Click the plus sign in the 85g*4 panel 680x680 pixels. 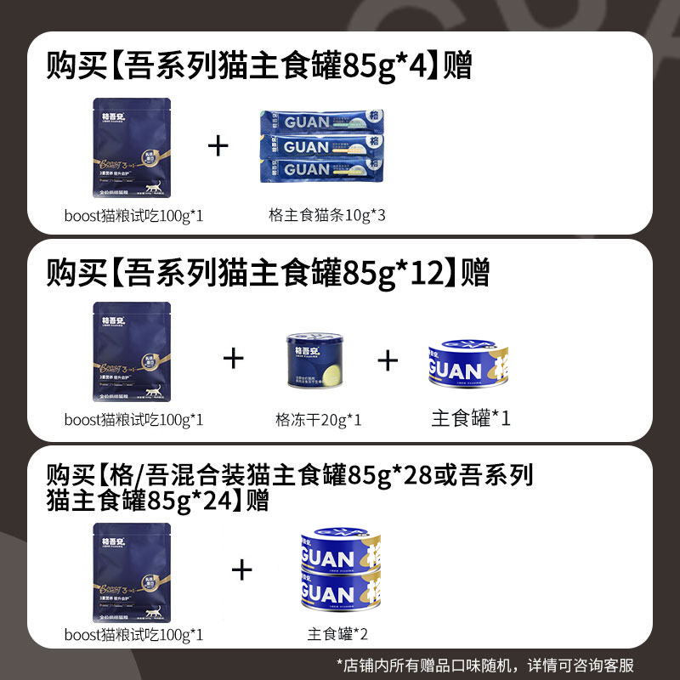tap(219, 146)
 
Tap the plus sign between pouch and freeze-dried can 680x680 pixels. tap(234, 359)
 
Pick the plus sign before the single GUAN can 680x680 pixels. tap(388, 360)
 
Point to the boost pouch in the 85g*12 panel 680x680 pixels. tap(131, 354)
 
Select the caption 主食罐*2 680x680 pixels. tap(338, 634)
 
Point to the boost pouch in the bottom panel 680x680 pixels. tap(131, 575)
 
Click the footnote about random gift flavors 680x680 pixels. tap(485, 665)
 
